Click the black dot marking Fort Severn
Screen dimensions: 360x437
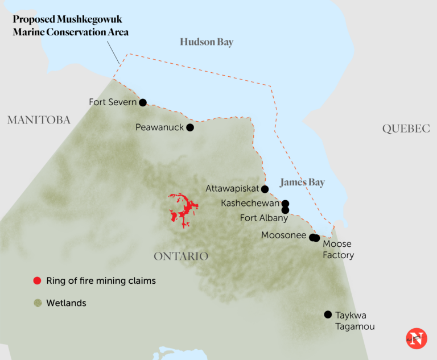tap(143, 102)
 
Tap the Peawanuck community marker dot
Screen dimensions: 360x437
tap(190, 127)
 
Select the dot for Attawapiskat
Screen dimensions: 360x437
tap(265, 189)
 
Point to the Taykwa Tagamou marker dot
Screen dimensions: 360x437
tap(328, 315)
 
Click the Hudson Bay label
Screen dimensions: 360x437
tap(207, 42)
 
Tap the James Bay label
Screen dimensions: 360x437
tap(302, 183)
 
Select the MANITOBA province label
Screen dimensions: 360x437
tap(39, 120)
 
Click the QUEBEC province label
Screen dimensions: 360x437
tap(406, 129)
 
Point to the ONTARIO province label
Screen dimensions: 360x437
tap(181, 256)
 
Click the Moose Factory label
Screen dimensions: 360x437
tap(338, 250)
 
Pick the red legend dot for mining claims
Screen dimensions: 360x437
tap(38, 281)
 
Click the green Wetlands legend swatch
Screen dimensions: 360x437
tap(38, 303)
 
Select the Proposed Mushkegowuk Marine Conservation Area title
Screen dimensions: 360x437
tap(71, 26)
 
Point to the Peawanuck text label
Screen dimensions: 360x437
tap(159, 127)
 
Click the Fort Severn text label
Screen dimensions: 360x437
tap(113, 102)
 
